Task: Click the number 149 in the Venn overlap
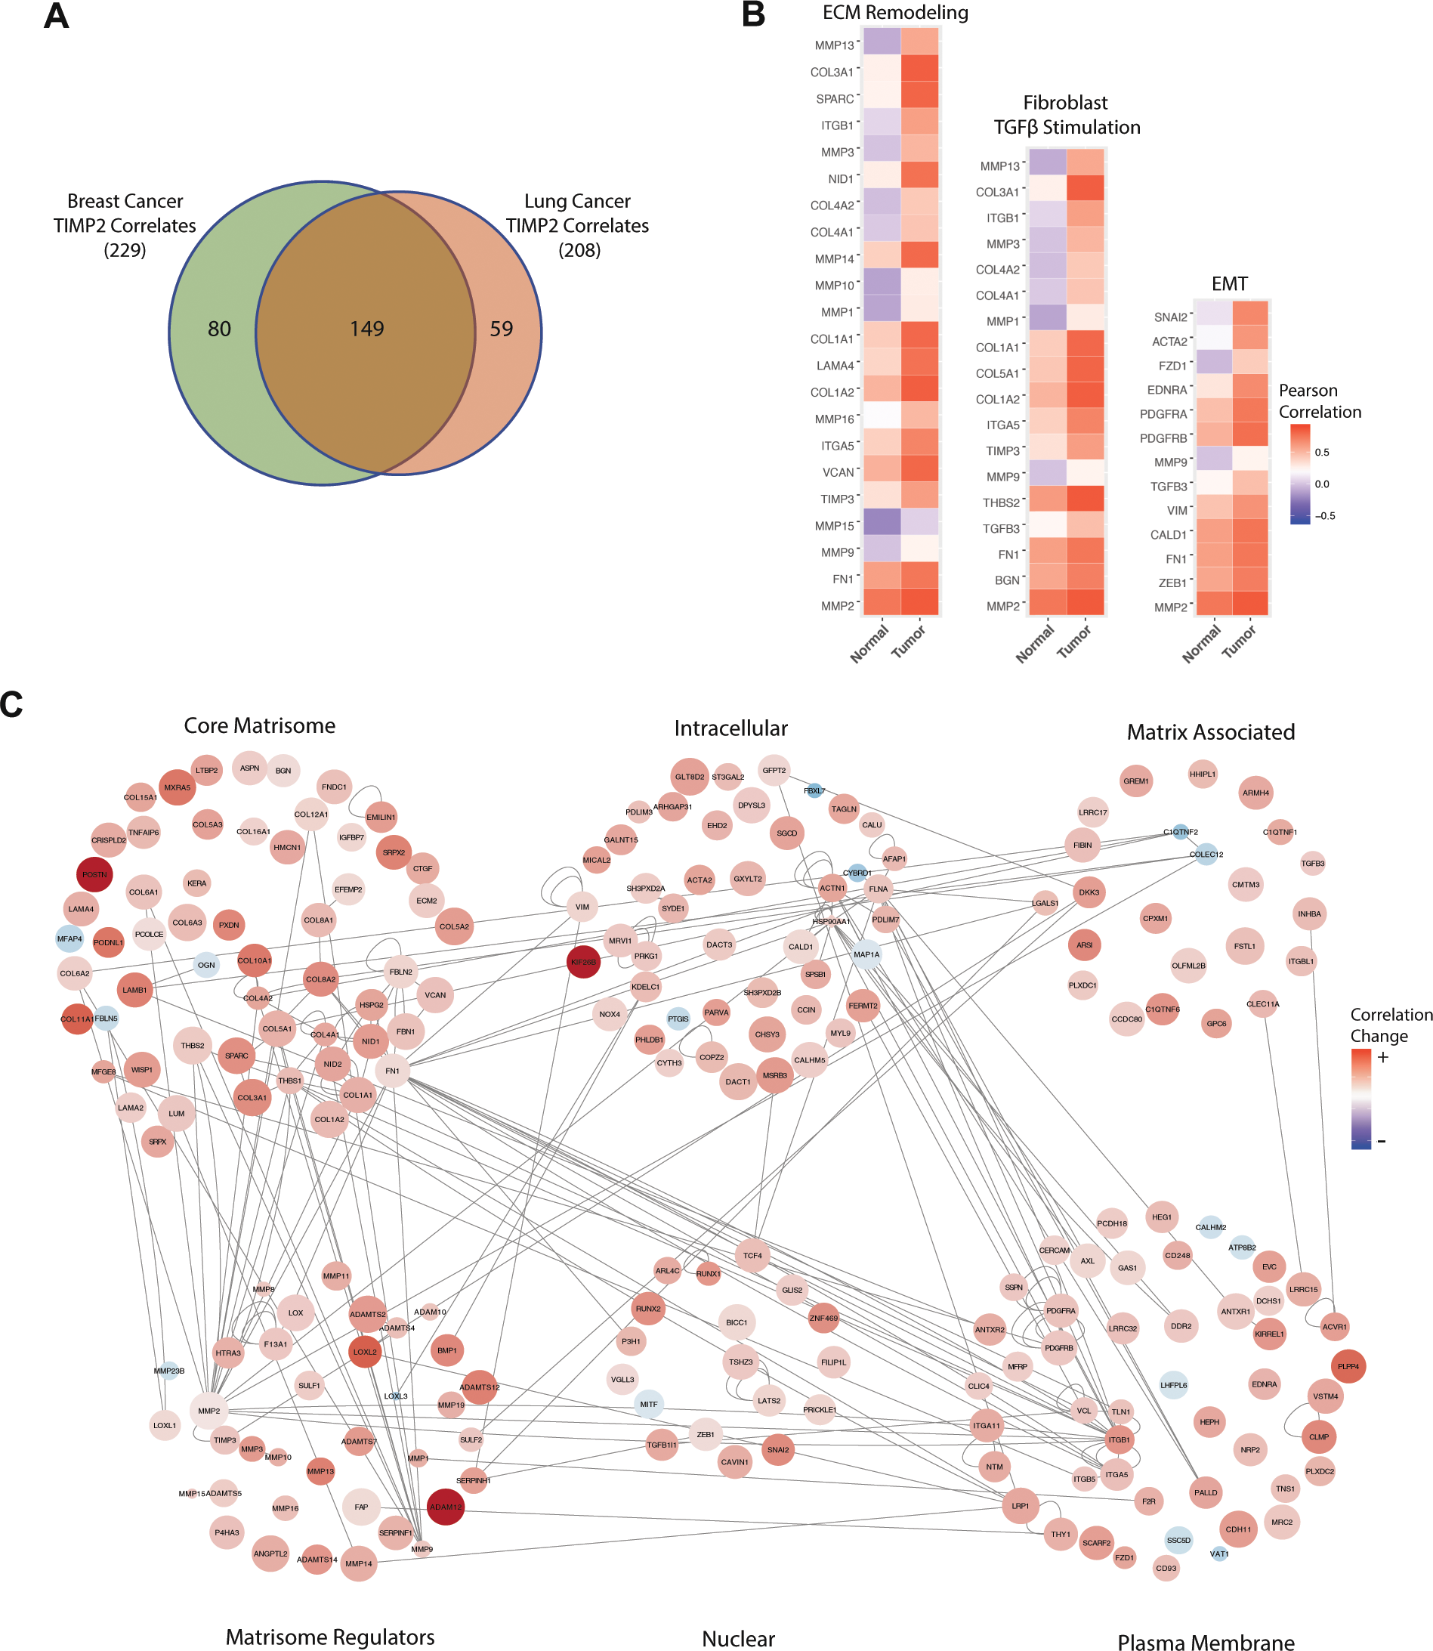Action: [x=367, y=329]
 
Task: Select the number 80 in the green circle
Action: [x=219, y=329]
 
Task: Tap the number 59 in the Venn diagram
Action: [x=502, y=329]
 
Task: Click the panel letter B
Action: [x=753, y=14]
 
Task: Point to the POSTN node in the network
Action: [x=94, y=874]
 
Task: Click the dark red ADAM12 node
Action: [x=446, y=1507]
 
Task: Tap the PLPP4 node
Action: [x=1348, y=1366]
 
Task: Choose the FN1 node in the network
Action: [x=392, y=1070]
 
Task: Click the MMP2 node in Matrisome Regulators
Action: [x=208, y=1411]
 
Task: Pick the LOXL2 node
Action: [x=365, y=1352]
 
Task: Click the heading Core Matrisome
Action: [x=259, y=725]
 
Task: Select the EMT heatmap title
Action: [x=1229, y=284]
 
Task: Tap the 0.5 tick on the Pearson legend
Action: [x=1322, y=453]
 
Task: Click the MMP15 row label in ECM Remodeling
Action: [x=835, y=527]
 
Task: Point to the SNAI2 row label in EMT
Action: [x=1171, y=317]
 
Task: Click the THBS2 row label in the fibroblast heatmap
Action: [x=1001, y=503]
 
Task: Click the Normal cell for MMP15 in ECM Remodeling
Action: [x=882, y=522]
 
